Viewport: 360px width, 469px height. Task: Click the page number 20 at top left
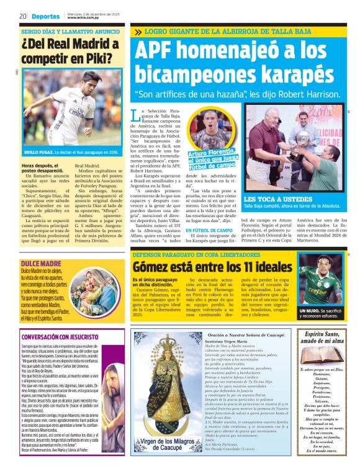point(22,16)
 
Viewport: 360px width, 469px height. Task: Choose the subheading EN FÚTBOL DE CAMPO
point(209,230)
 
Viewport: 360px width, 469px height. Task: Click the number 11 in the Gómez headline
point(231,268)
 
